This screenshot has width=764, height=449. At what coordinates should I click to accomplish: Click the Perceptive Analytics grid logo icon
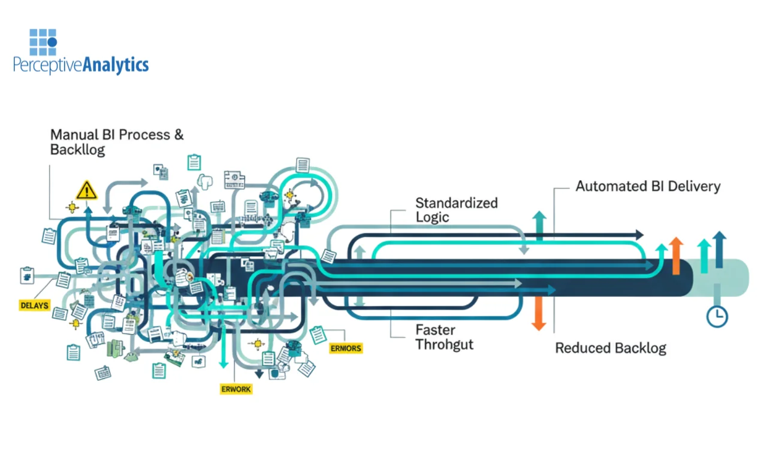click(x=43, y=41)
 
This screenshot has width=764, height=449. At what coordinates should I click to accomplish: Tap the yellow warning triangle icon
click(x=87, y=190)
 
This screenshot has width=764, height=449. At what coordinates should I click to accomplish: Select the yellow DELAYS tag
click(x=34, y=305)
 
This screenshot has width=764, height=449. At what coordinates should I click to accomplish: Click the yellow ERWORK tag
click(x=236, y=389)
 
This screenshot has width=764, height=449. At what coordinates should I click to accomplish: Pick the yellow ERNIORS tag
click(x=346, y=348)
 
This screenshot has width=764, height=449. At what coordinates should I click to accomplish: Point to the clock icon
click(x=717, y=315)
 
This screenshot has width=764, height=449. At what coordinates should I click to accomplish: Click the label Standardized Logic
click(x=456, y=210)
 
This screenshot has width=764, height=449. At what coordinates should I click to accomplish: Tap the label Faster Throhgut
click(x=444, y=337)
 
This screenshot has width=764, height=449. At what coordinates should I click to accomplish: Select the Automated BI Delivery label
click(x=648, y=186)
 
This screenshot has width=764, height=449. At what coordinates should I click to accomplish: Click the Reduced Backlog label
click(x=610, y=348)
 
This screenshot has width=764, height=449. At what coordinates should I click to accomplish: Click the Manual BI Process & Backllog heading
click(x=117, y=142)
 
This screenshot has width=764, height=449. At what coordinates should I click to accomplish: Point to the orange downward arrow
click(x=539, y=314)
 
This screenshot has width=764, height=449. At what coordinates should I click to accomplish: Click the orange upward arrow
click(x=676, y=255)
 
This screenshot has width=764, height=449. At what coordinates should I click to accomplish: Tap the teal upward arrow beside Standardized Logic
click(x=539, y=224)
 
